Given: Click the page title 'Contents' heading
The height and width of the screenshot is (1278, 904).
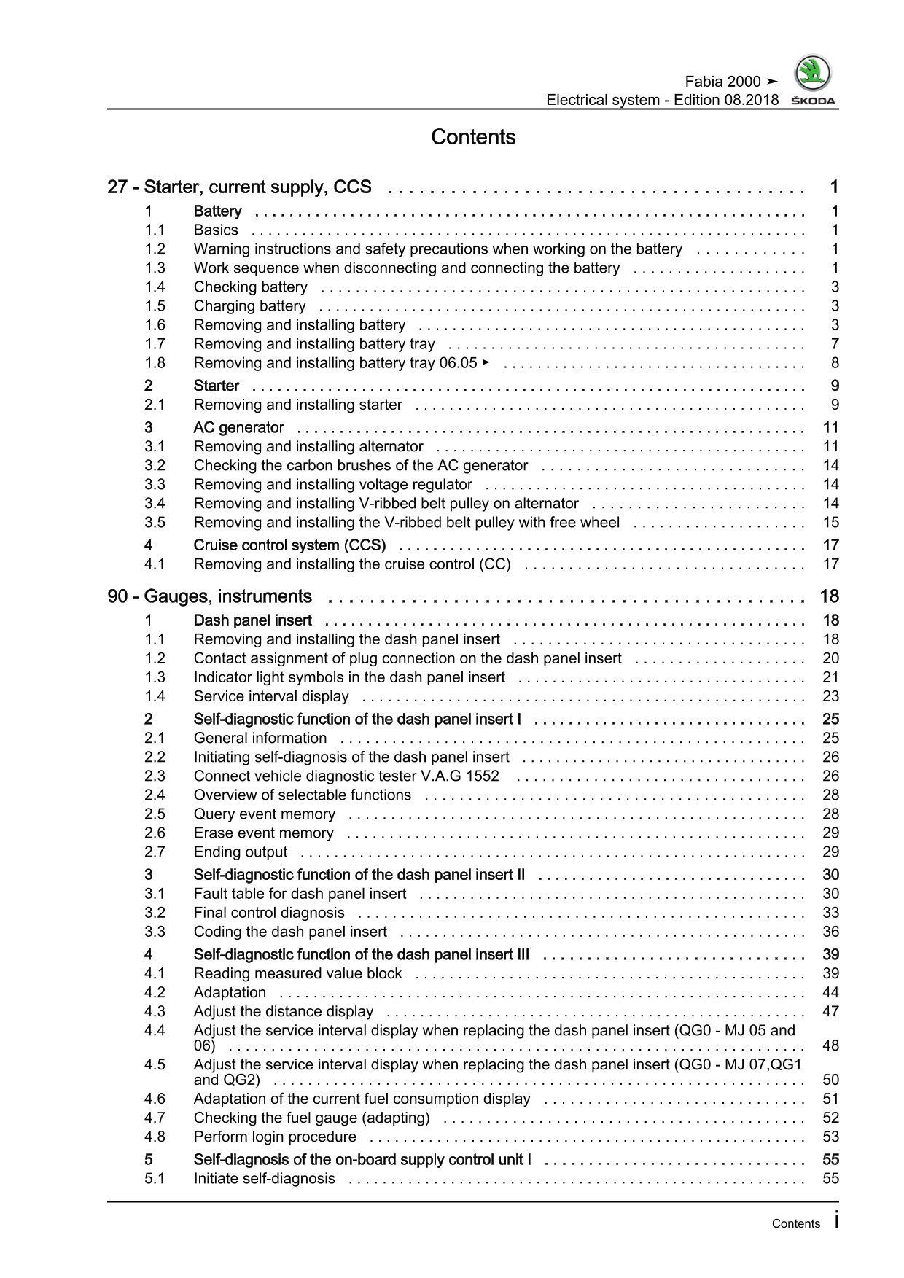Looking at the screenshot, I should click(x=473, y=137).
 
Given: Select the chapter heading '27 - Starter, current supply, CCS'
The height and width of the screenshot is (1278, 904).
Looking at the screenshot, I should click(x=239, y=187).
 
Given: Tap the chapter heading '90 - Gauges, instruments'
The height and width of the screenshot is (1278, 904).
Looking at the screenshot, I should click(x=209, y=596).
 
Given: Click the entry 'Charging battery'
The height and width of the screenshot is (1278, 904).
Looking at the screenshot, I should click(x=249, y=306).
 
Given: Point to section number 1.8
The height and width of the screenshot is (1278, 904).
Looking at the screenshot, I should click(x=155, y=363).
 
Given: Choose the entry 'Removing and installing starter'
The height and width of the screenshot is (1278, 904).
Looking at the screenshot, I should click(x=297, y=405).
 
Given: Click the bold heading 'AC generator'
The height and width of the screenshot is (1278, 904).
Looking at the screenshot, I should click(x=238, y=427).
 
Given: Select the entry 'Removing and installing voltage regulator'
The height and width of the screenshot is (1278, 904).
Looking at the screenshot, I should click(x=332, y=484).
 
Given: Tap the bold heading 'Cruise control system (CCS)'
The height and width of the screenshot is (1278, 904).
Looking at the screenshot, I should click(x=289, y=545).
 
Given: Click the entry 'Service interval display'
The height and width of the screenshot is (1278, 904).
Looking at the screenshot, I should click(x=270, y=696).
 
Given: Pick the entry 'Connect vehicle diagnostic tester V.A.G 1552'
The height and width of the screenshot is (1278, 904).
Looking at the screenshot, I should click(x=346, y=776).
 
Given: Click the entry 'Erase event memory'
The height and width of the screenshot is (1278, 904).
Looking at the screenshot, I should click(x=263, y=833).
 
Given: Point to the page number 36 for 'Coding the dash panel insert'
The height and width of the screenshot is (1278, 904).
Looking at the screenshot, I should click(x=830, y=932).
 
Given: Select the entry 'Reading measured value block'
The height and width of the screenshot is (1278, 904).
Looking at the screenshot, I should click(x=297, y=973).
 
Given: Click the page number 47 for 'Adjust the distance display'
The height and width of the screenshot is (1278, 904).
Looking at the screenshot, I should click(x=830, y=1011).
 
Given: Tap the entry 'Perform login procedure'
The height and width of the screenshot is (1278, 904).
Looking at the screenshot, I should click(x=275, y=1137).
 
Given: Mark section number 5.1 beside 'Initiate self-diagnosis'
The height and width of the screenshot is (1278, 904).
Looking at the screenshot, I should click(x=155, y=1178).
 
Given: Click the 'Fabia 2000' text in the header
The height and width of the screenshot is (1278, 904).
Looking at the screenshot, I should click(x=722, y=82).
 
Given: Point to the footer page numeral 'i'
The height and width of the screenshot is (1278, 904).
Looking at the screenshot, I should click(x=836, y=1221).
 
